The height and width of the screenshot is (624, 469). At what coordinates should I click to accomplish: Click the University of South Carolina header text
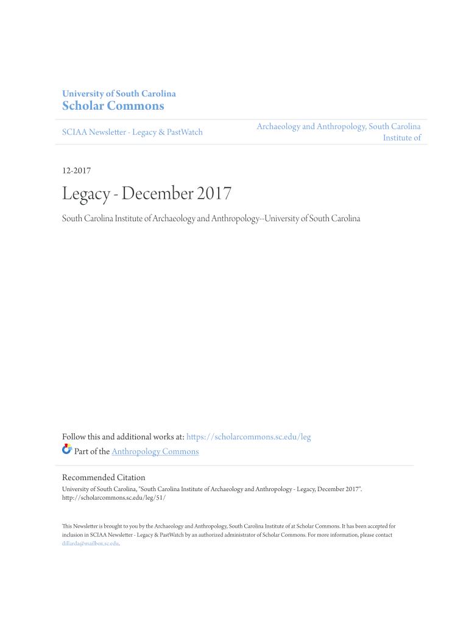pyautogui.click(x=119, y=94)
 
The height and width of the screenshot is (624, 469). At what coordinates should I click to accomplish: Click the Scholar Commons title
pyautogui.click(x=113, y=106)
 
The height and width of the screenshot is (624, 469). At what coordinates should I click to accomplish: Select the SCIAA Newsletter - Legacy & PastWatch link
pyautogui.click(x=132, y=132)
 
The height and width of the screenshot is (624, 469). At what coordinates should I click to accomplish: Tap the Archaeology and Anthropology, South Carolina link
pyautogui.click(x=338, y=127)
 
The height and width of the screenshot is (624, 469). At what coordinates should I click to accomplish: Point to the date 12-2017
pyautogui.click(x=77, y=171)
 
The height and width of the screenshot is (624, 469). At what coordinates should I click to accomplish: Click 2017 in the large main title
pyautogui.click(x=214, y=194)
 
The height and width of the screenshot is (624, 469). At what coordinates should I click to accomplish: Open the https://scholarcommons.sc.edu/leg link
pyautogui.click(x=249, y=437)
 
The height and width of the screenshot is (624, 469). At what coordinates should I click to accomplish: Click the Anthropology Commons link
pyautogui.click(x=155, y=452)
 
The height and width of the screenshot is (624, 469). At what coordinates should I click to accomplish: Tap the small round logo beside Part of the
pyautogui.click(x=67, y=450)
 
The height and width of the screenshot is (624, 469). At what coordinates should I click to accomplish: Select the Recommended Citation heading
pyautogui.click(x=104, y=478)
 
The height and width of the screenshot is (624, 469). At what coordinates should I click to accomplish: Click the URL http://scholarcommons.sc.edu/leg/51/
pyautogui.click(x=114, y=497)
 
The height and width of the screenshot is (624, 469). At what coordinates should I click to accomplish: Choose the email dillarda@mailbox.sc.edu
pyautogui.click(x=90, y=544)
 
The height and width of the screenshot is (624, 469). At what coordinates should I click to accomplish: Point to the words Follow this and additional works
pyautogui.click(x=116, y=437)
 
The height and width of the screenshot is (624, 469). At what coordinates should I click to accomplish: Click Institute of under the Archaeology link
pyautogui.click(x=401, y=138)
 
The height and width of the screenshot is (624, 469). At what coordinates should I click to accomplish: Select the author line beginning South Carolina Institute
pyautogui.click(x=211, y=218)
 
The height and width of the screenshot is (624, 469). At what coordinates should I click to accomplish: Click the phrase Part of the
pyautogui.click(x=91, y=452)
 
